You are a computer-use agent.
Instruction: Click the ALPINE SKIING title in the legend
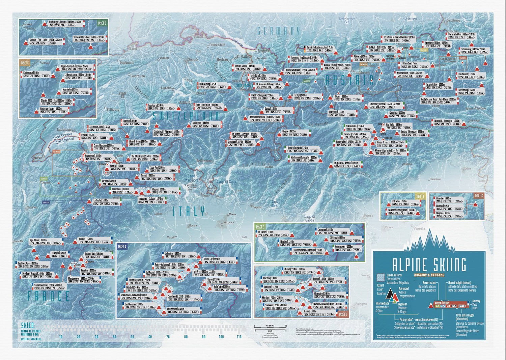429,265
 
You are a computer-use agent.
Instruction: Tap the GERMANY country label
278,31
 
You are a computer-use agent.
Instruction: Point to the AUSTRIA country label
349,80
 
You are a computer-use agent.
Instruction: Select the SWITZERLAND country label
186,116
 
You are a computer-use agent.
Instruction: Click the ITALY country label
189,212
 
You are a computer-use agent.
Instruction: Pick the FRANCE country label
49,296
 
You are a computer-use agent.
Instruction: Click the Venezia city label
419,228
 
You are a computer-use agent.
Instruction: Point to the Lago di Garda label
309,218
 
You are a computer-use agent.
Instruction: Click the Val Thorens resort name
175,309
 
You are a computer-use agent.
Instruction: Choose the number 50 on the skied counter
132,337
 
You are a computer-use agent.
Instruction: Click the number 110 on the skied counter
239,337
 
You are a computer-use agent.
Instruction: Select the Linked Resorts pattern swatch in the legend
381,277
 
